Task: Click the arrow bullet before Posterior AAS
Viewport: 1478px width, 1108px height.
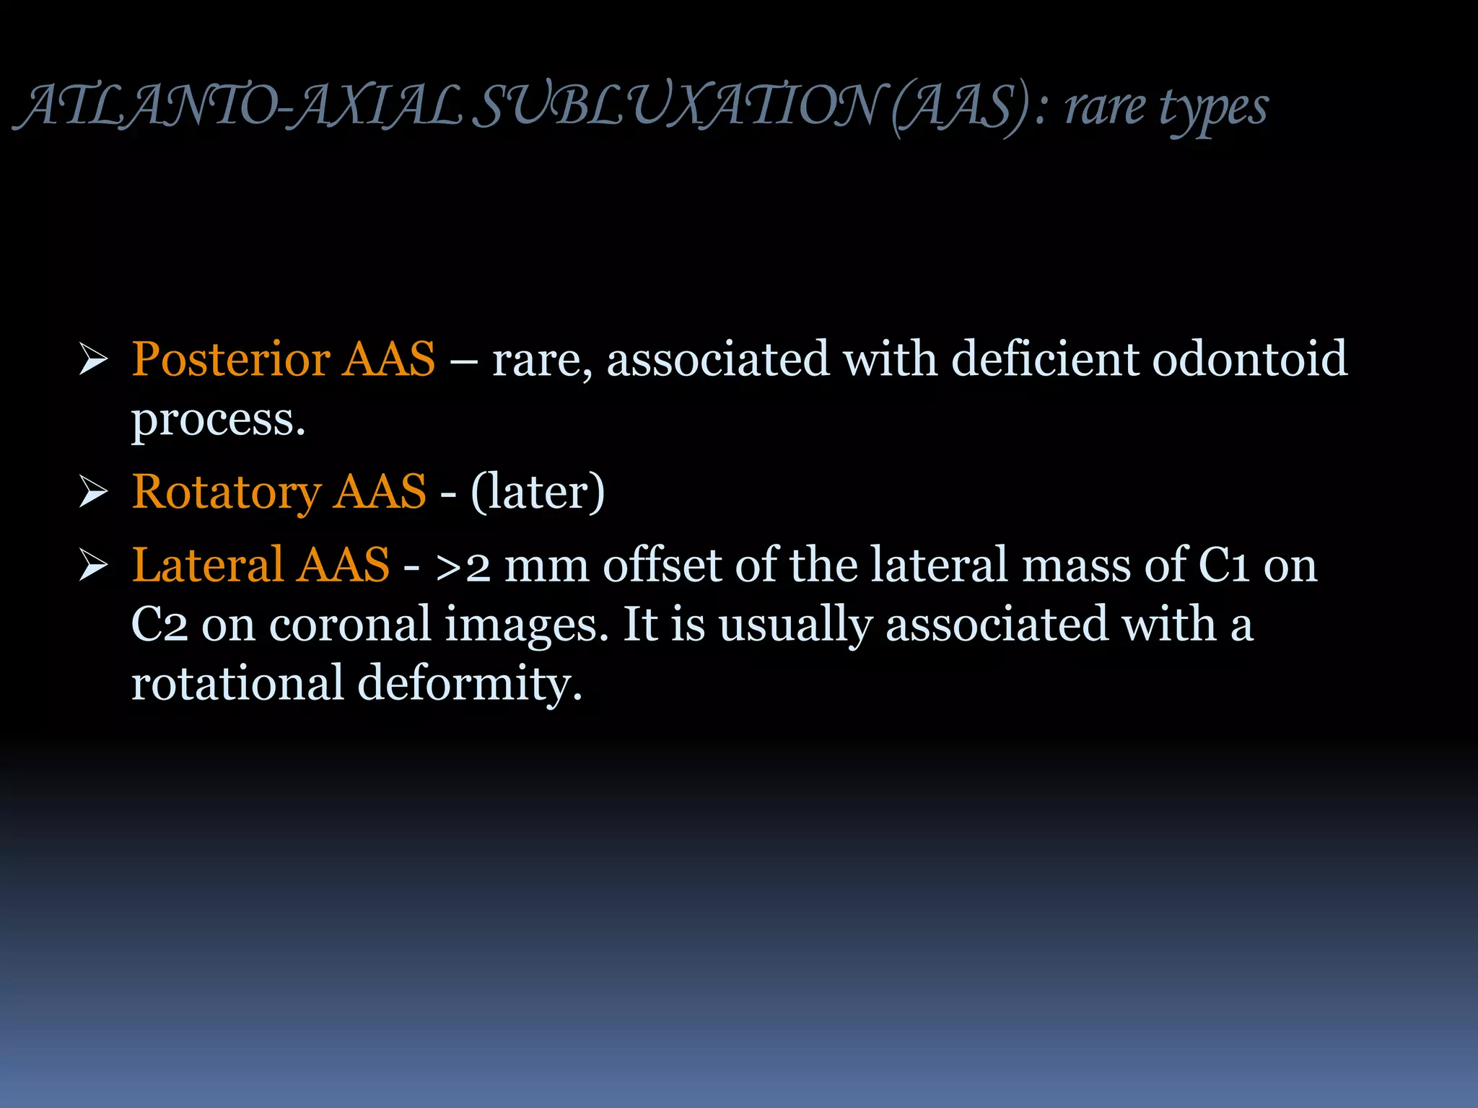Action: [93, 359]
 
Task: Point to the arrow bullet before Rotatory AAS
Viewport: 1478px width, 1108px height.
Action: [93, 492]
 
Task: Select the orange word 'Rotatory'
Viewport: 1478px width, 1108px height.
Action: [227, 492]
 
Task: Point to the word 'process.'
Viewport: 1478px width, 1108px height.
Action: [218, 420]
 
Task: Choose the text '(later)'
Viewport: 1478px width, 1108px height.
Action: [538, 492]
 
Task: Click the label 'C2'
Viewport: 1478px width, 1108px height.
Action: [159, 625]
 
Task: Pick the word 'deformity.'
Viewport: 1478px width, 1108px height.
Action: [469, 684]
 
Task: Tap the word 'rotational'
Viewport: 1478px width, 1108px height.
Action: [237, 684]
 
